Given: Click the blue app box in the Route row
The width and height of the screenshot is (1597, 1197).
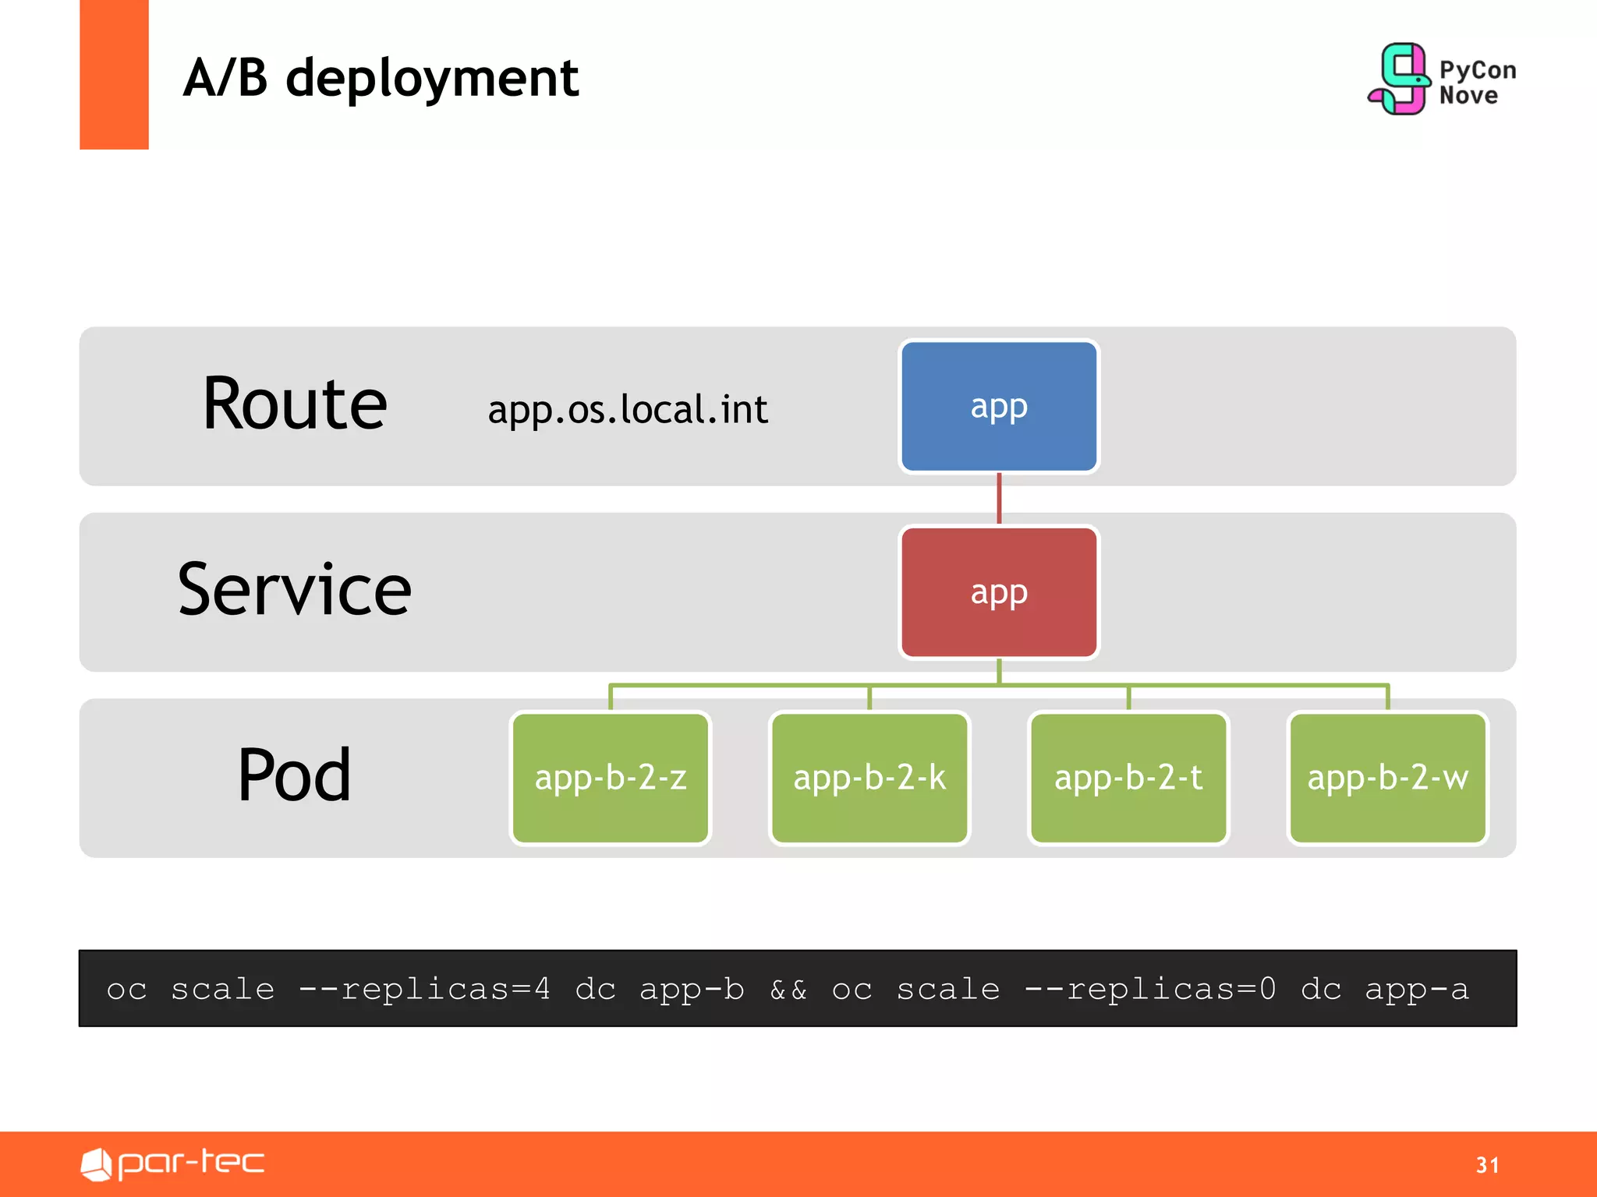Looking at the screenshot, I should [x=998, y=406].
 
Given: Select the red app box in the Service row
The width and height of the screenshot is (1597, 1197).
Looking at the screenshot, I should [x=998, y=592].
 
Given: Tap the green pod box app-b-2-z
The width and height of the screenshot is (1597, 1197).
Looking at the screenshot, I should [x=611, y=778].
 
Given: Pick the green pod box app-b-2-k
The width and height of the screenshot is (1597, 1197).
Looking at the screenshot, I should [x=869, y=778].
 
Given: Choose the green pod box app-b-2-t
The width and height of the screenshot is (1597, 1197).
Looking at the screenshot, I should [x=1128, y=778].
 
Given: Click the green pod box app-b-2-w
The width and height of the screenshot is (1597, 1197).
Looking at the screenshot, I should [x=1387, y=778].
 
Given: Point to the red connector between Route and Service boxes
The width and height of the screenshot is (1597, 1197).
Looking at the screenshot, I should [x=999, y=499].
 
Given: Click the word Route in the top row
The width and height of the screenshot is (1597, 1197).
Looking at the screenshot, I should [x=295, y=404].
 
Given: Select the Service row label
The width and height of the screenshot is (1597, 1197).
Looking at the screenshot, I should [x=294, y=590].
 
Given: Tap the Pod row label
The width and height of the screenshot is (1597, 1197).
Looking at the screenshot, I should [x=294, y=775].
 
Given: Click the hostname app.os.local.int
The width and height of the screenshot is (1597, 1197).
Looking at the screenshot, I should [x=628, y=410].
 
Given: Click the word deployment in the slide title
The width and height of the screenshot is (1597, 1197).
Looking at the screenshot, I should [x=432, y=79].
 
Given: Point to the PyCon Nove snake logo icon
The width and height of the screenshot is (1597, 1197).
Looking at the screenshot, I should [x=1400, y=79].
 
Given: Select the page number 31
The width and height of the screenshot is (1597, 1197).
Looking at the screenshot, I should [x=1487, y=1165].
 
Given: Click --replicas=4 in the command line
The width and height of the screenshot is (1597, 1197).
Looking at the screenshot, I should [x=425, y=989].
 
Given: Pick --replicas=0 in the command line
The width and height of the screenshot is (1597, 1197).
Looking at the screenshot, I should [x=1150, y=989].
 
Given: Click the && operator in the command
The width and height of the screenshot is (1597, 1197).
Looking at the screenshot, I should [x=788, y=990].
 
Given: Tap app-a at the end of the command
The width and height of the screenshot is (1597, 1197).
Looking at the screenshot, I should [x=1417, y=990].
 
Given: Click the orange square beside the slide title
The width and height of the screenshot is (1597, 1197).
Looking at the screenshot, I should [x=114, y=74].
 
